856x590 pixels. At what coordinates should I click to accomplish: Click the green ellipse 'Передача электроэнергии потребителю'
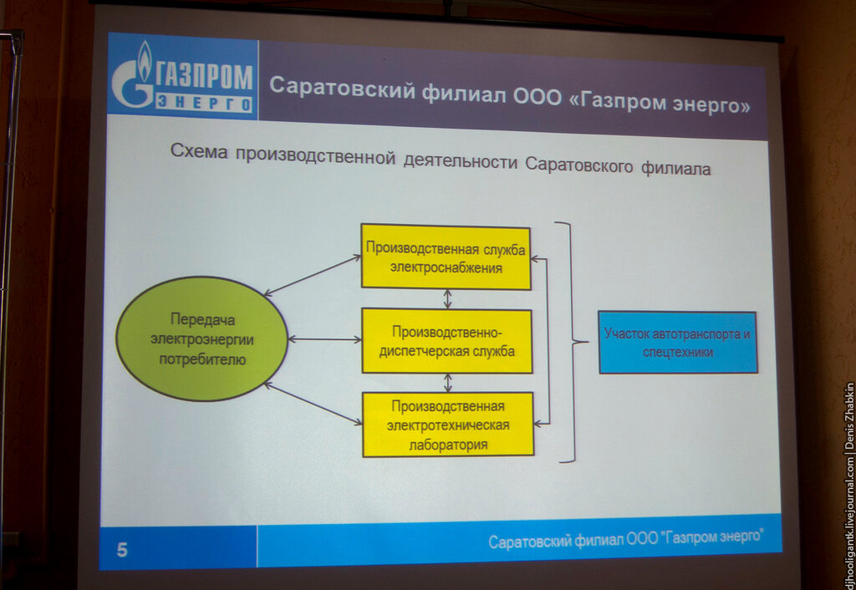click(x=202, y=339)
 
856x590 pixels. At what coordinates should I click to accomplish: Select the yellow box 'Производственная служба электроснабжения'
click(x=446, y=257)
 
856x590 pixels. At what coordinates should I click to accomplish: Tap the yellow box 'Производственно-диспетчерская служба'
click(x=446, y=341)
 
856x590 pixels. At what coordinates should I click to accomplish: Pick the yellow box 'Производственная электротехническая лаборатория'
click(x=448, y=425)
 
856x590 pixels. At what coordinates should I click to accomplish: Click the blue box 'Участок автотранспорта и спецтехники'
click(x=677, y=342)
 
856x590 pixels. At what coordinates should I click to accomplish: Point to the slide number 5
click(x=122, y=550)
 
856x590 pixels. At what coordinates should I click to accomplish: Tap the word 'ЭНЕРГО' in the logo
click(x=204, y=103)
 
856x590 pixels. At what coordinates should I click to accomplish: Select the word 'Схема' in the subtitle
click(x=199, y=150)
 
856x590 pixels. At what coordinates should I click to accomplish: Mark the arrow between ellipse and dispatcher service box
click(x=325, y=339)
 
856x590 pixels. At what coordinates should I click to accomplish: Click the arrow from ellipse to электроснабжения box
click(x=313, y=276)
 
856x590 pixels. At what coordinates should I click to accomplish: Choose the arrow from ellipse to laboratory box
click(x=313, y=404)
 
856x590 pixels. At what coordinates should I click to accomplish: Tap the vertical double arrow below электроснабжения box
click(x=448, y=299)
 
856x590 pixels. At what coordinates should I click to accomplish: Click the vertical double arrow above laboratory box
click(x=448, y=383)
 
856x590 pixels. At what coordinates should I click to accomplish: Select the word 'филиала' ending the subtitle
click(x=675, y=168)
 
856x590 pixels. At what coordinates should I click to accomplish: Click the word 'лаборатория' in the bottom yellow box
click(x=448, y=445)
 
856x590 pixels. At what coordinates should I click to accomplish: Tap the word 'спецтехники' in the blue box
click(x=677, y=352)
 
